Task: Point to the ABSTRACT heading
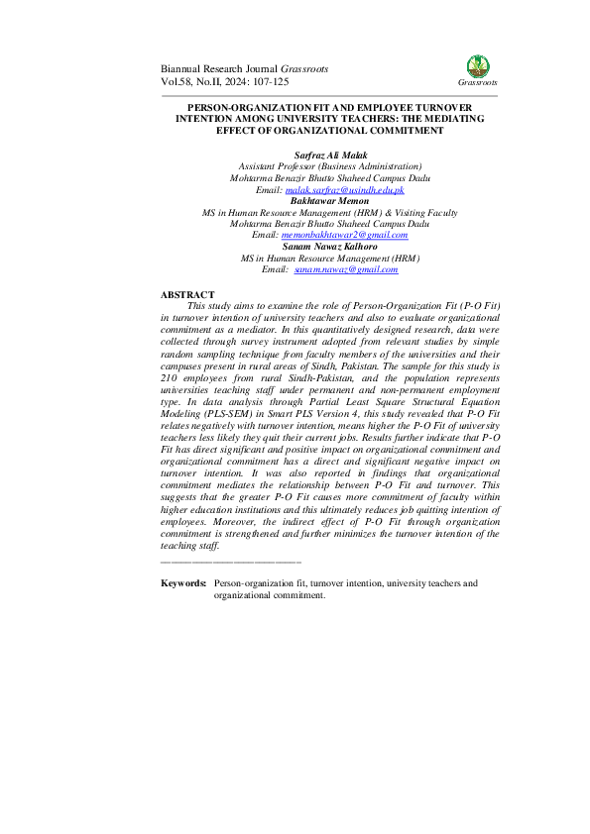187,295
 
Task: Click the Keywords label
183,584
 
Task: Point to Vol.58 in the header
177,81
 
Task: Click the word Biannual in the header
185,68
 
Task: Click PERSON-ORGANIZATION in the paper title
242,105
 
